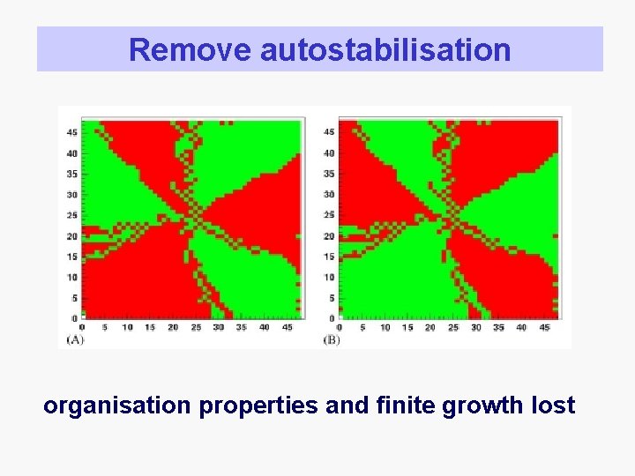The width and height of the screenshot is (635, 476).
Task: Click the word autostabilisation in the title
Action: [385, 49]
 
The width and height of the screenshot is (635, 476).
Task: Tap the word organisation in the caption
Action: [116, 405]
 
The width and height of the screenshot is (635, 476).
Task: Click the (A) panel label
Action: [76, 339]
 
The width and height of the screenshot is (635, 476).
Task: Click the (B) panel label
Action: [332, 339]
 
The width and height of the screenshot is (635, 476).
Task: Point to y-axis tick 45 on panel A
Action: [72, 132]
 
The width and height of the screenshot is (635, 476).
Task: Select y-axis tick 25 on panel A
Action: [72, 215]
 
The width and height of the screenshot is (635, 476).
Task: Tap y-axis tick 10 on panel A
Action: [72, 277]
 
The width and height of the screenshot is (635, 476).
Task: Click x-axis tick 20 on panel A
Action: [173, 327]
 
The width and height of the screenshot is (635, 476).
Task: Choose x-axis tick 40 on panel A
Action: [265, 327]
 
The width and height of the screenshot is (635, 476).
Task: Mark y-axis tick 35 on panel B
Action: [329, 174]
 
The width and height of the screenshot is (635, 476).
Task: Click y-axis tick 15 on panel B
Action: [329, 257]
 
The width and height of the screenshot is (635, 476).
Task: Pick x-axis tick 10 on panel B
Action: [385, 327]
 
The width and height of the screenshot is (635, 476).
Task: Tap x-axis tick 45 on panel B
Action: [544, 327]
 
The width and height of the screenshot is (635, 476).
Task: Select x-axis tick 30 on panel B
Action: [476, 327]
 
